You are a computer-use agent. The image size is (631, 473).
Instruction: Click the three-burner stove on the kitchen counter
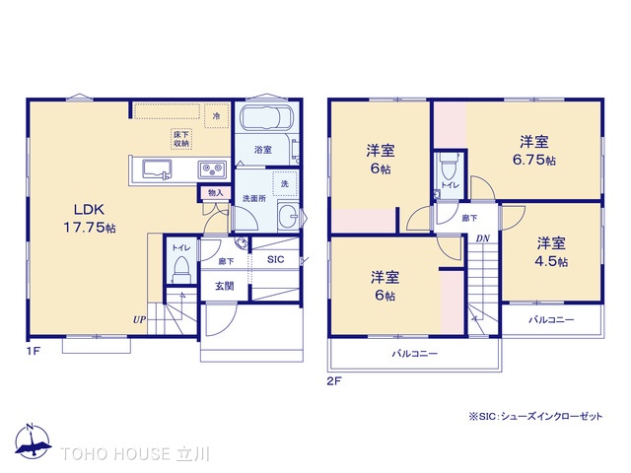click(x=212, y=170)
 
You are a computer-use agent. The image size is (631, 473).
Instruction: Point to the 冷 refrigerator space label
click(x=216, y=116)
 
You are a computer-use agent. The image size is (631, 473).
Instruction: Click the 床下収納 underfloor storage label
click(x=181, y=139)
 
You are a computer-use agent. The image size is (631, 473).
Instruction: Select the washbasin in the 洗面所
click(x=287, y=218)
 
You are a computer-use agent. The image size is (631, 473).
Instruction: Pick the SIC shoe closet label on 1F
click(x=275, y=259)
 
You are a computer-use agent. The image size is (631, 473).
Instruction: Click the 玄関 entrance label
click(x=225, y=286)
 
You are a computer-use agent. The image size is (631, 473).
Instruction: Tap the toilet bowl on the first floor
click(x=180, y=267)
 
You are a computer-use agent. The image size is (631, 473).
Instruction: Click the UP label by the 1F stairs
click(x=141, y=319)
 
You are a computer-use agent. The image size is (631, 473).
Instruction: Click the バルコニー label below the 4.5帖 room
click(x=551, y=320)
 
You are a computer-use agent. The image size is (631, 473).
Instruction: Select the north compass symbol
click(x=33, y=442)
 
